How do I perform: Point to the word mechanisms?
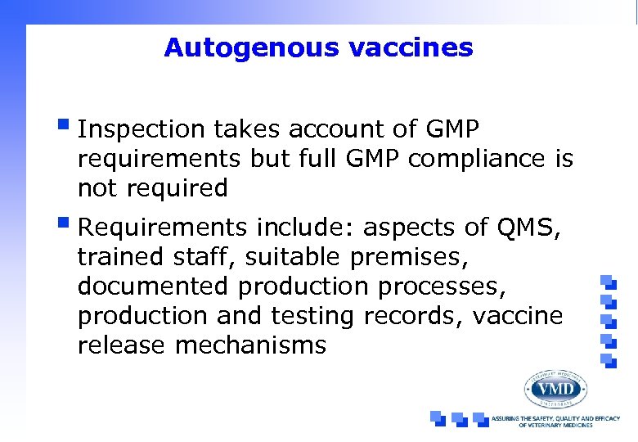pos(250,345)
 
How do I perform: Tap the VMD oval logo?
pos(555,388)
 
